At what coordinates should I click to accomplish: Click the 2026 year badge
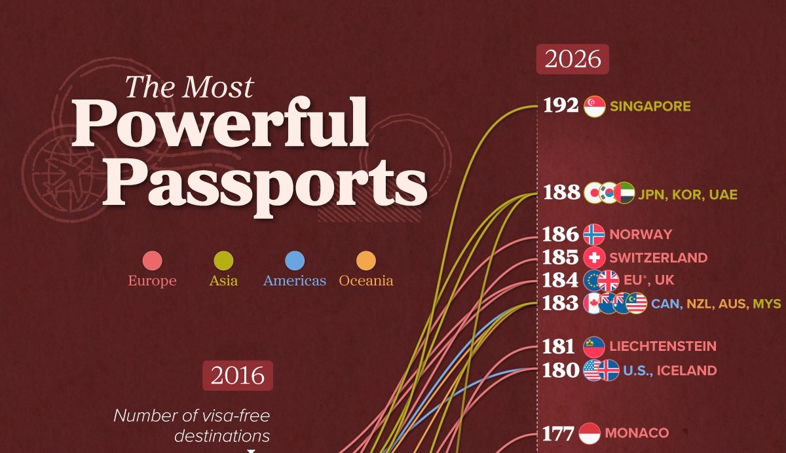pos(572,59)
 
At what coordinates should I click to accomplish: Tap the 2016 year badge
pos(238,376)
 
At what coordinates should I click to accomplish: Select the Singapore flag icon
pos(595,106)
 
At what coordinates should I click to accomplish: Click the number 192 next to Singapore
pos(561,105)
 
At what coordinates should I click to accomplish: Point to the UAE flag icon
pos(624,193)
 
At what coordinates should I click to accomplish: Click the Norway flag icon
pos(594,234)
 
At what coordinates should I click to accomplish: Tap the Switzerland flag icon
pos(594,258)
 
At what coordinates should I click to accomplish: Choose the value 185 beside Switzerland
pos(560,257)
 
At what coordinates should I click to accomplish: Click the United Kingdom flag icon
pos(608,280)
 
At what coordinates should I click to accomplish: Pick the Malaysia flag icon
pos(636,303)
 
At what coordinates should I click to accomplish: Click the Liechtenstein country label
pos(663,346)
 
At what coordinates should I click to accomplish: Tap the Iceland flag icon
pos(608,370)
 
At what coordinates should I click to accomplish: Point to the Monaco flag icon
pos(589,433)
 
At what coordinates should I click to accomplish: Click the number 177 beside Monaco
pos(558,434)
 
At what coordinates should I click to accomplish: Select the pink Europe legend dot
pos(152,261)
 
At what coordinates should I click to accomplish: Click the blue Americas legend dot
pos(295,261)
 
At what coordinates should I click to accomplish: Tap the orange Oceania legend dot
pos(366,261)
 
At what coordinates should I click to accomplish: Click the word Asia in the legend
pos(223,281)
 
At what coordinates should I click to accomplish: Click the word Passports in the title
pos(265,184)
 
